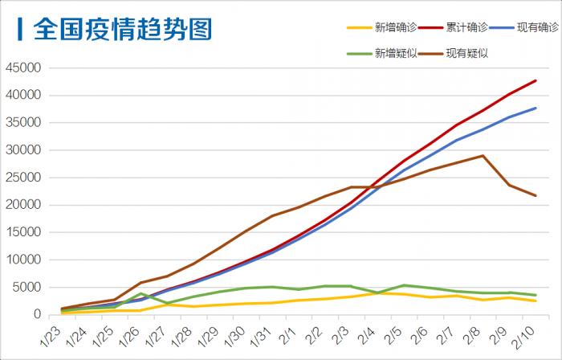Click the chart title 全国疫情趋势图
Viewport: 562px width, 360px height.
coord(122,30)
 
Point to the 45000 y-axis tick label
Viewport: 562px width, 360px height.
coord(22,67)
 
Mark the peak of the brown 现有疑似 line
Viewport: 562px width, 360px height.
coord(483,156)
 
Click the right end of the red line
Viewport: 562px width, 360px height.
coord(536,80)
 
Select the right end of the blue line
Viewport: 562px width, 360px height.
coord(536,108)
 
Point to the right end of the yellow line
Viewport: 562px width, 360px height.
coord(536,301)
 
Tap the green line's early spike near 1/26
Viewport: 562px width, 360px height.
coord(140,293)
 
